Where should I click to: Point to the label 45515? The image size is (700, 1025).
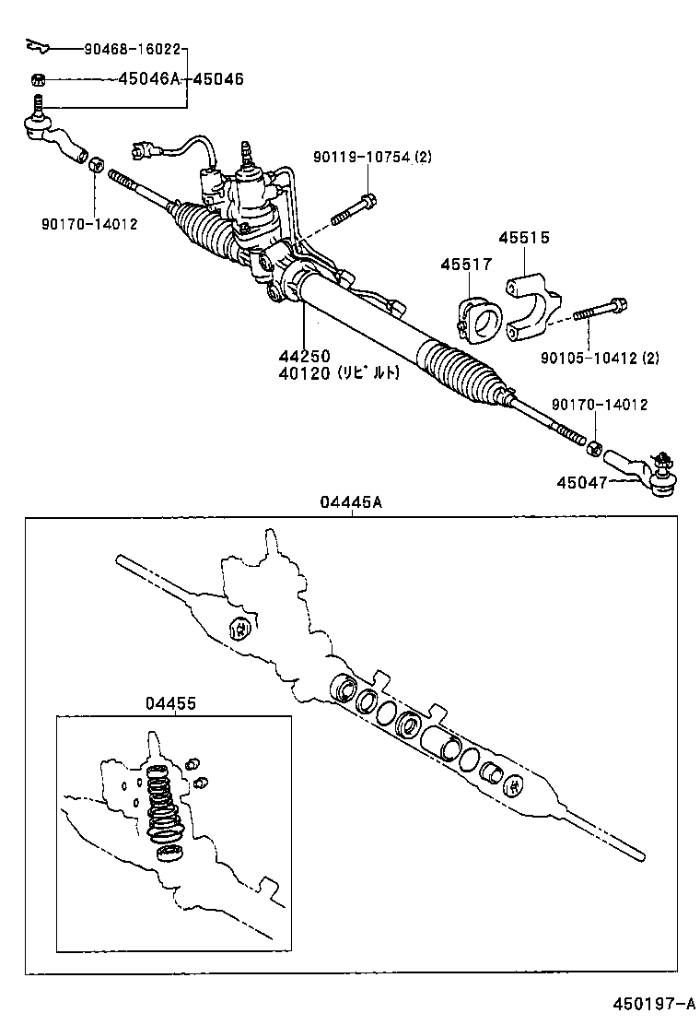(524, 238)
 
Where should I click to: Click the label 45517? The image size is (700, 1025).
(465, 265)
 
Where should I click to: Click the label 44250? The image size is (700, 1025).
(305, 357)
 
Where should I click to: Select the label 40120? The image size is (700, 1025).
(305, 373)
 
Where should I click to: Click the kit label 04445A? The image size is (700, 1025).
(351, 503)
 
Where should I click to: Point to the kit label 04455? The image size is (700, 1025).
(170, 703)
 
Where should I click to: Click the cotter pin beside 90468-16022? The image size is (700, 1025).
(38, 45)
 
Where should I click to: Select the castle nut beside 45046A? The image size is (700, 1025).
(39, 79)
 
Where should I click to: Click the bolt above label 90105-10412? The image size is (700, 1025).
(601, 312)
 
